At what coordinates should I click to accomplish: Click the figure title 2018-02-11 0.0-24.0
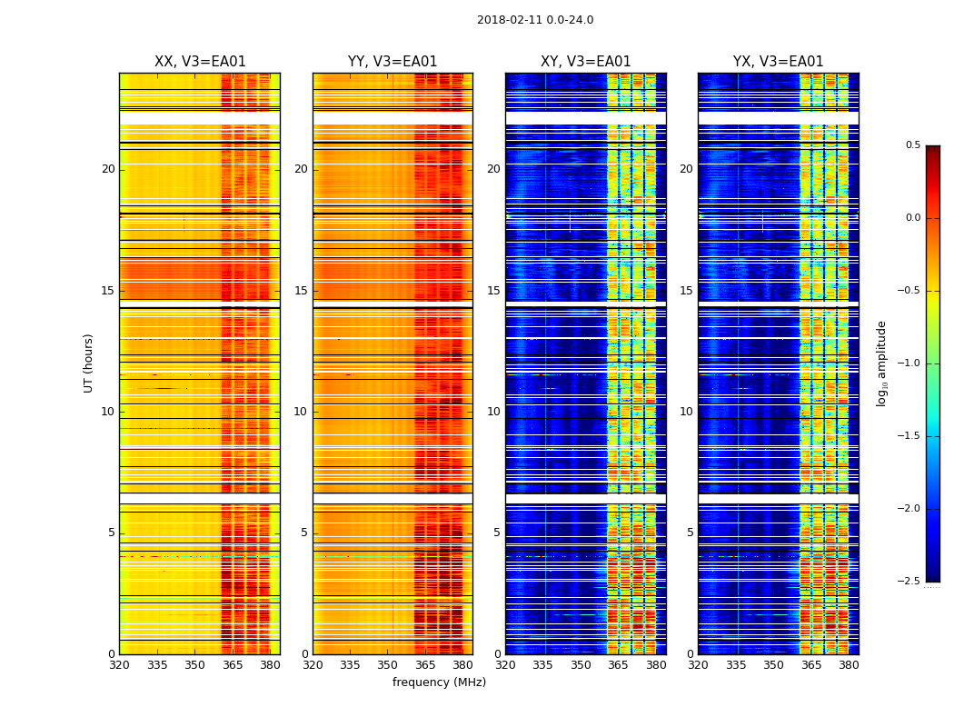pos(535,20)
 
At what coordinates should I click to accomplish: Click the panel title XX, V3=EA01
pos(200,62)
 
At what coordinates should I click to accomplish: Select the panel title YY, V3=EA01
pos(393,62)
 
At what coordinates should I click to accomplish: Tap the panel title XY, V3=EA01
pos(585,62)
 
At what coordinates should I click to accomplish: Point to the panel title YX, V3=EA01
pos(778,62)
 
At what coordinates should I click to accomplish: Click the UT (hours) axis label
pos(89,363)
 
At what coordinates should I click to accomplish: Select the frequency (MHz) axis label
pos(439,682)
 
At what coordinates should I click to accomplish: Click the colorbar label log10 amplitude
pos(881,363)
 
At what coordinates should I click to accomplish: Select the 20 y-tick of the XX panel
pos(108,169)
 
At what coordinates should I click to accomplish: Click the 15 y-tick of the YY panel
pos(302,291)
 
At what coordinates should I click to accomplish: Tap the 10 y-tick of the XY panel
pos(493,412)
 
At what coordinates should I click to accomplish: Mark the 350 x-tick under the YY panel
pos(388,665)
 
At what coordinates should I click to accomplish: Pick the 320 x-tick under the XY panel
pos(505,665)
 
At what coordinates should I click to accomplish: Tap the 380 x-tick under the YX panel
pos(849,665)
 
